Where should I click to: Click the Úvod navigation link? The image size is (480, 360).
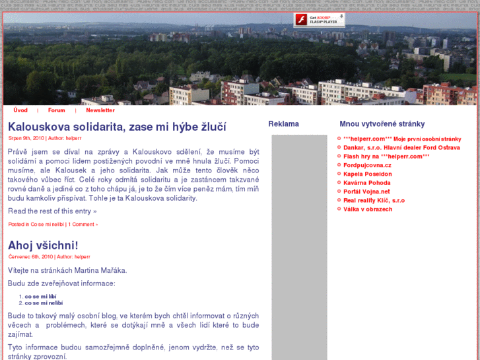[x=20, y=110]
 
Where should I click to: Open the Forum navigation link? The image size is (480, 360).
[x=56, y=110]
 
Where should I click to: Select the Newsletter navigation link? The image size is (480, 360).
[x=100, y=110]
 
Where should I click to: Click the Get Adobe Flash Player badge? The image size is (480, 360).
[x=320, y=20]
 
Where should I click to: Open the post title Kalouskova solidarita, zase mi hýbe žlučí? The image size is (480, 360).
[x=117, y=127]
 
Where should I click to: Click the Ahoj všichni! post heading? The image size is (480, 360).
[x=43, y=246]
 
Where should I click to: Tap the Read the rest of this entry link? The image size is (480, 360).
[x=52, y=211]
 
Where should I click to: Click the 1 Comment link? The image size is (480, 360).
[x=83, y=225]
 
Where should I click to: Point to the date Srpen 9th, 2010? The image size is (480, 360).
[x=26, y=138]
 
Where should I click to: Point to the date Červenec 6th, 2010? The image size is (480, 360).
[x=30, y=256]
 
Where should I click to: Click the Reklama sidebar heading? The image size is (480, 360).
[x=283, y=124]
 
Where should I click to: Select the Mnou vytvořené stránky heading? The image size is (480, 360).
[x=382, y=124]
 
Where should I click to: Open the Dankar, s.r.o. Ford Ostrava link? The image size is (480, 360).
[x=401, y=147]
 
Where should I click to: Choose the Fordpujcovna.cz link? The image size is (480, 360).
[x=367, y=165]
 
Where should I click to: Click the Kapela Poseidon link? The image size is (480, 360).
[x=367, y=174]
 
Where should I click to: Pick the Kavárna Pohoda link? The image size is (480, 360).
[x=366, y=183]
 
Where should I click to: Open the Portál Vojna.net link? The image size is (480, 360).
[x=366, y=192]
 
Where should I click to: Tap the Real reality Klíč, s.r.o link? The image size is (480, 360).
[x=374, y=200]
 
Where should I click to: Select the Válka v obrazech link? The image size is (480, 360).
[x=368, y=209]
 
